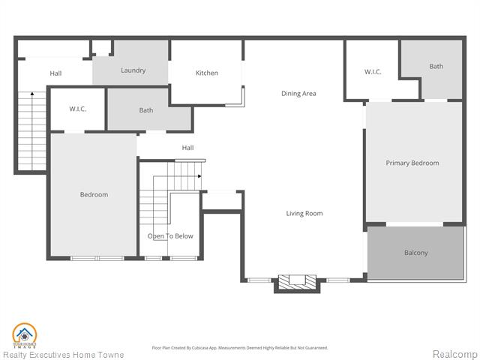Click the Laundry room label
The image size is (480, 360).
click(x=133, y=70)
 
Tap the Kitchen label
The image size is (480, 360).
click(x=207, y=73)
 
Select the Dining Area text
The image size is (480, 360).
click(x=298, y=94)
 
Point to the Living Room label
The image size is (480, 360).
click(x=304, y=214)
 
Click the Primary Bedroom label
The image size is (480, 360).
click(x=412, y=163)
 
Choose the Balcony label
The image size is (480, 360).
click(x=415, y=253)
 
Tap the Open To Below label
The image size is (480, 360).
click(x=170, y=236)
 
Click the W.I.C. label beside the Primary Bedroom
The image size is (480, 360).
click(x=373, y=72)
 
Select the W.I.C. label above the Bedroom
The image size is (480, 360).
click(x=78, y=109)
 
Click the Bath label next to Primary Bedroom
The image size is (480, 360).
click(x=436, y=66)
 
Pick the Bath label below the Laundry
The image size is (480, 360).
click(x=146, y=110)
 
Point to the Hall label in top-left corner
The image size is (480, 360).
click(x=55, y=73)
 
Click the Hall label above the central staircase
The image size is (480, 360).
click(x=187, y=148)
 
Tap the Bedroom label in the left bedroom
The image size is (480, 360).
click(x=94, y=195)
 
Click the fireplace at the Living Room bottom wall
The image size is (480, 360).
click(x=292, y=282)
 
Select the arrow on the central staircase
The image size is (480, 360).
click(x=198, y=176)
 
